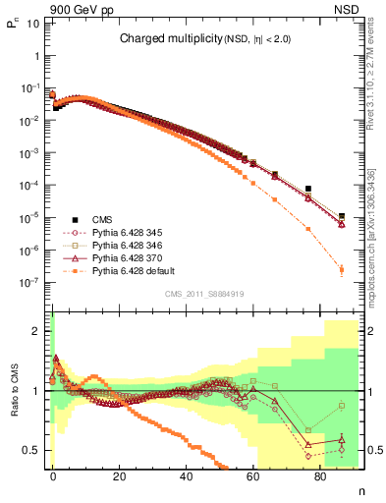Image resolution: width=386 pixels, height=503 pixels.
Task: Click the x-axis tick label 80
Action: [x=321, y=475]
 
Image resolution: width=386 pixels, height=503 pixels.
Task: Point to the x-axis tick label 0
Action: [x=53, y=475]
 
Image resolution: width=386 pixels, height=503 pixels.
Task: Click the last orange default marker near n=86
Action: [x=341, y=269]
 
